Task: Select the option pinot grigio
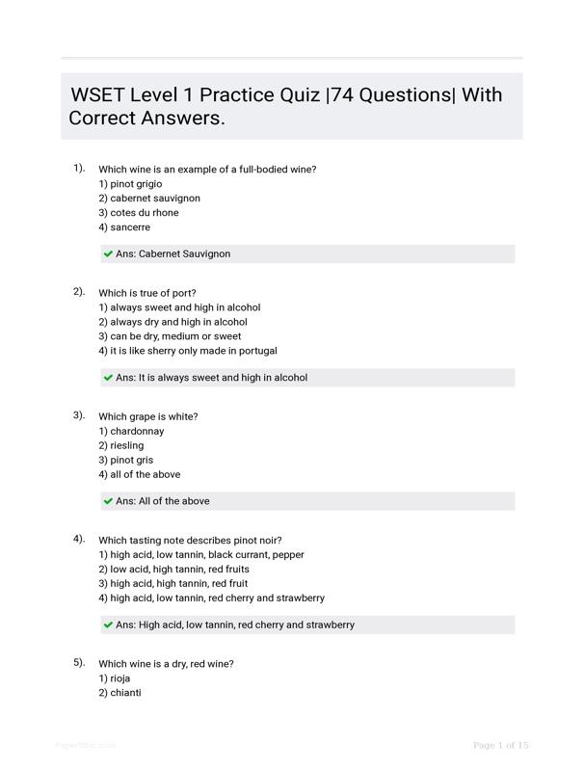130,184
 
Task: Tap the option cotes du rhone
138,213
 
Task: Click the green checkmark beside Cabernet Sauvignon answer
108,254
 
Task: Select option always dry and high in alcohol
173,322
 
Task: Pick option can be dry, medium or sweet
170,336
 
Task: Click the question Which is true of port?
147,293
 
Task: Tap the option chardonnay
131,432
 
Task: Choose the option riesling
120,446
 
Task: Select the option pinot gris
125,461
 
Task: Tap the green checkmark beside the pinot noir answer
108,625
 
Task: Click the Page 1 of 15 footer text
501,745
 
